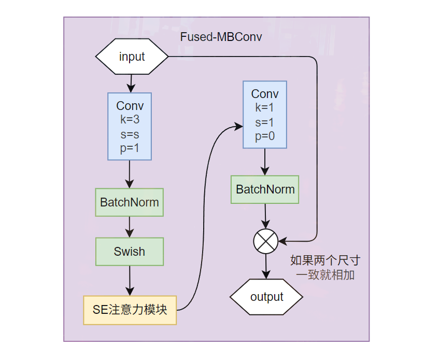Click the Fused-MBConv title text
[221, 37]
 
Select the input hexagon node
[132, 57]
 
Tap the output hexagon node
[266, 297]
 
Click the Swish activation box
[130, 252]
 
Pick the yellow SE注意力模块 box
[130, 310]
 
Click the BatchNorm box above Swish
[130, 202]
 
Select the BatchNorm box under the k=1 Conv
[265, 189]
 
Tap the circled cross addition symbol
[266, 241]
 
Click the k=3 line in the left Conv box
[130, 119]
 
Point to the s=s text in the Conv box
[130, 134]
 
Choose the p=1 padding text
[130, 148]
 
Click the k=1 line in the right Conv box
[265, 107]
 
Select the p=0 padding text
[265, 136]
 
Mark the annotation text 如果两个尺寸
[325, 260]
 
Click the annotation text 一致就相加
[325, 275]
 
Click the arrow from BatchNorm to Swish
[130, 227]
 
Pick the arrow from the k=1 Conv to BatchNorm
[265, 162]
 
